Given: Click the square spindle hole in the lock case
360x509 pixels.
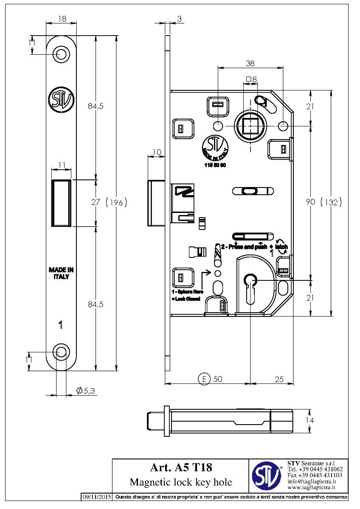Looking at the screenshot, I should [250, 126].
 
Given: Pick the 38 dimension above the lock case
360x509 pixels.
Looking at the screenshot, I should [250, 63].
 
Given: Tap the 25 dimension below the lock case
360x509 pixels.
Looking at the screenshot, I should [279, 379].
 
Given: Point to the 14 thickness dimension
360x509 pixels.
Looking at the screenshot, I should [311, 420].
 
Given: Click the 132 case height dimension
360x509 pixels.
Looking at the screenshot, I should [331, 203].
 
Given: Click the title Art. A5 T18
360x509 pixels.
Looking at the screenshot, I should [181, 467].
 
